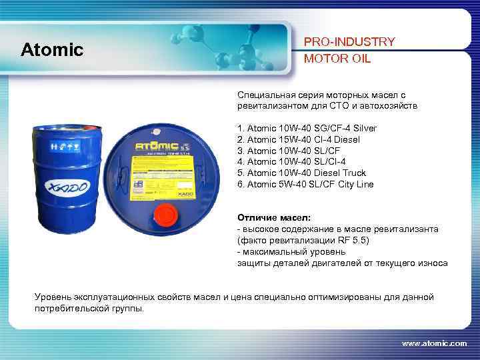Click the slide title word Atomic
[x=52, y=49]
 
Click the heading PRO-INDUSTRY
[x=349, y=41]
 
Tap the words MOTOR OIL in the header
[x=337, y=58]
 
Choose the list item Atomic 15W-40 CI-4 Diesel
[x=298, y=139]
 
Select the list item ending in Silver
[x=307, y=128]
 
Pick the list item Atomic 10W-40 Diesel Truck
[x=301, y=173]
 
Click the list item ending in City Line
[x=305, y=185]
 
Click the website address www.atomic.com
[x=434, y=343]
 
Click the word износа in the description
[x=433, y=263]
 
